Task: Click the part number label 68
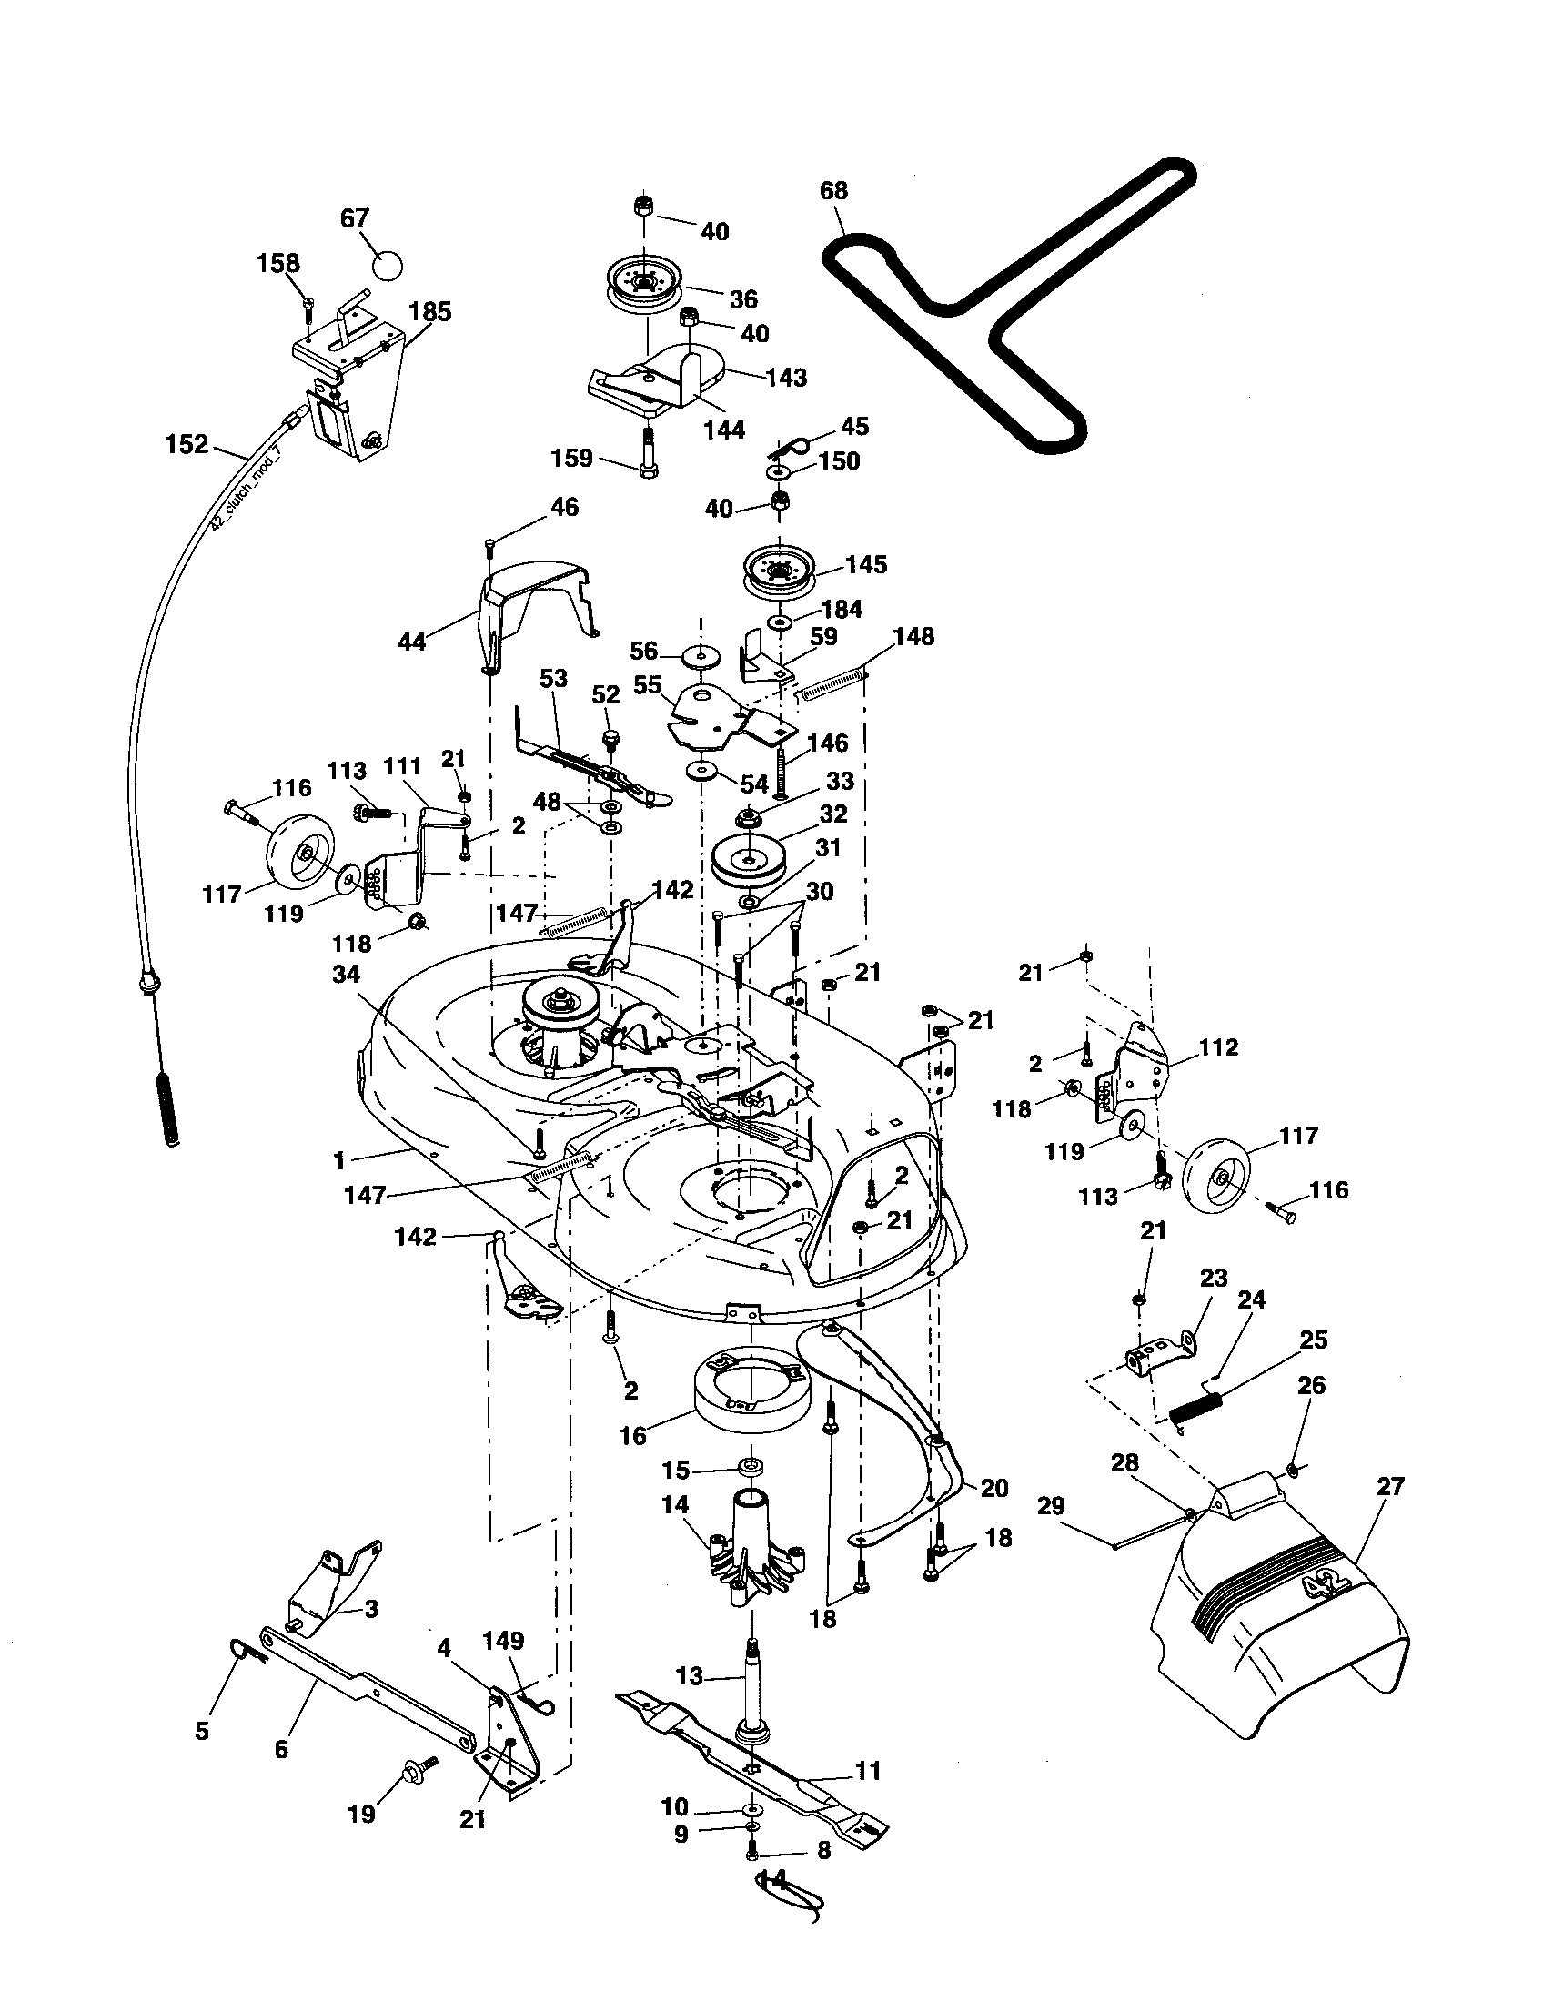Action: tap(832, 191)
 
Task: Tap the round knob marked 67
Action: tap(388, 266)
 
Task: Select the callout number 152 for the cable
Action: tap(186, 445)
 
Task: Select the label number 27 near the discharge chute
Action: tap(1390, 1486)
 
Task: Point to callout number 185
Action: tap(430, 311)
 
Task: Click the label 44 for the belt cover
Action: tap(412, 642)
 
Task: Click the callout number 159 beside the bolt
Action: tap(572, 458)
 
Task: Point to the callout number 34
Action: tap(346, 974)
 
